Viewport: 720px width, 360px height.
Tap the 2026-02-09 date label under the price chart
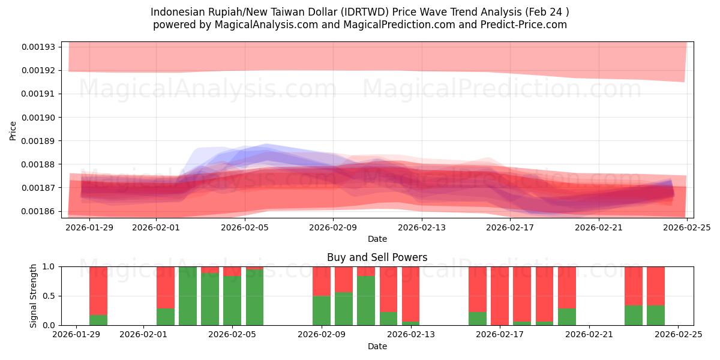click(x=334, y=227)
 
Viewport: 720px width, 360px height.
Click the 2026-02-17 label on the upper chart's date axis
click(x=510, y=227)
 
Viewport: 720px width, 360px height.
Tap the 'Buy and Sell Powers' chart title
click(x=377, y=257)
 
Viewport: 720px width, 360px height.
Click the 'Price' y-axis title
click(x=13, y=130)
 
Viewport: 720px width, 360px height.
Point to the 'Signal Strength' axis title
click(x=34, y=296)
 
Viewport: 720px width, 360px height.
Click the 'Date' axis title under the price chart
click(x=377, y=239)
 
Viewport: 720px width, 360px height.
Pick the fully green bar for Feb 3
click(x=188, y=296)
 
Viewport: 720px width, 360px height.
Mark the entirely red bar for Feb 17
click(x=500, y=296)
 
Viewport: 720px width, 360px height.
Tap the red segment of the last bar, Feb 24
click(x=656, y=286)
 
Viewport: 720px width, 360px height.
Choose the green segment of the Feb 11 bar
click(x=366, y=300)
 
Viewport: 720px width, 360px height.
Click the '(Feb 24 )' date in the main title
click(x=545, y=12)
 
